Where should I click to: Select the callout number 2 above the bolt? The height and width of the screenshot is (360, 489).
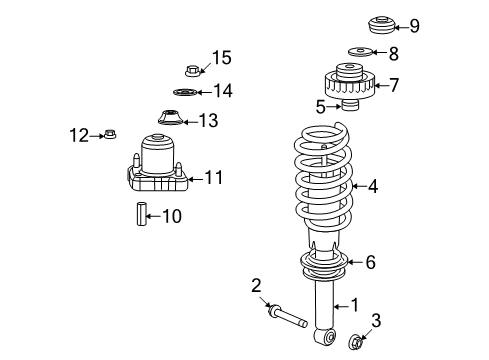click(256, 285)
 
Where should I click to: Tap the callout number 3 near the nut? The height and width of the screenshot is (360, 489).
click(376, 320)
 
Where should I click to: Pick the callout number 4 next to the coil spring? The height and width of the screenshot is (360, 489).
click(372, 185)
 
